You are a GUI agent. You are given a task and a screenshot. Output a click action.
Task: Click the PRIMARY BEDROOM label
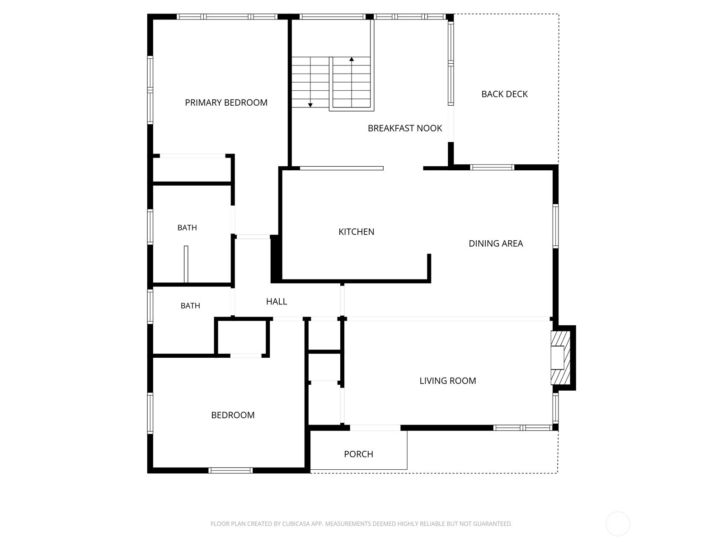coord(226,103)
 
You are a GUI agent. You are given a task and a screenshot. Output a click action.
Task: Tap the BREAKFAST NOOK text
coord(405,128)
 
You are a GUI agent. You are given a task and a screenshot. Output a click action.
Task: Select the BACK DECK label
coord(504,94)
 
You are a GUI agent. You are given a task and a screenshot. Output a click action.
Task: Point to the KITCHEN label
coord(357,232)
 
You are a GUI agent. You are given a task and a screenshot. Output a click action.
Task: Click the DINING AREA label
coord(496,243)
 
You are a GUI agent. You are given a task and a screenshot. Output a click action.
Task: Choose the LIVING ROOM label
coord(448,381)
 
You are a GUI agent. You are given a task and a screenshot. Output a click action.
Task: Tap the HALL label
coord(277,301)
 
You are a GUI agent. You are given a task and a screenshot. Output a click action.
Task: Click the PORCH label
coord(358,454)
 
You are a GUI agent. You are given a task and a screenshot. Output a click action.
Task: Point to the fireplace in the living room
coord(561,358)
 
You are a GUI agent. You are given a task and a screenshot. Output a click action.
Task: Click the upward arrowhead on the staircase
coord(352,59)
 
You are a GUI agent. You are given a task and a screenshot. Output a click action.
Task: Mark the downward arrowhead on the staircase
coord(310,105)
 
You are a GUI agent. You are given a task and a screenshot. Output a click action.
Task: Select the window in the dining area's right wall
coord(555,226)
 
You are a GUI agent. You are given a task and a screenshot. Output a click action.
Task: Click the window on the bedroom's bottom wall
coord(230,470)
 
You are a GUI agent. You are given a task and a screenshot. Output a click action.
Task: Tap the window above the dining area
coord(492,168)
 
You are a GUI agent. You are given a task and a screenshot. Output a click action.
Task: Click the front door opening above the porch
coord(375,428)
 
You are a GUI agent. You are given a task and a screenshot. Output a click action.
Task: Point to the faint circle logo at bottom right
coord(618,523)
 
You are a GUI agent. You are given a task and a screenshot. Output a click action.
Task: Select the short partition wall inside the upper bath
coord(186,264)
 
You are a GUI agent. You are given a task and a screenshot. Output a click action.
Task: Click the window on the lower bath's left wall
coord(150,306)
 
